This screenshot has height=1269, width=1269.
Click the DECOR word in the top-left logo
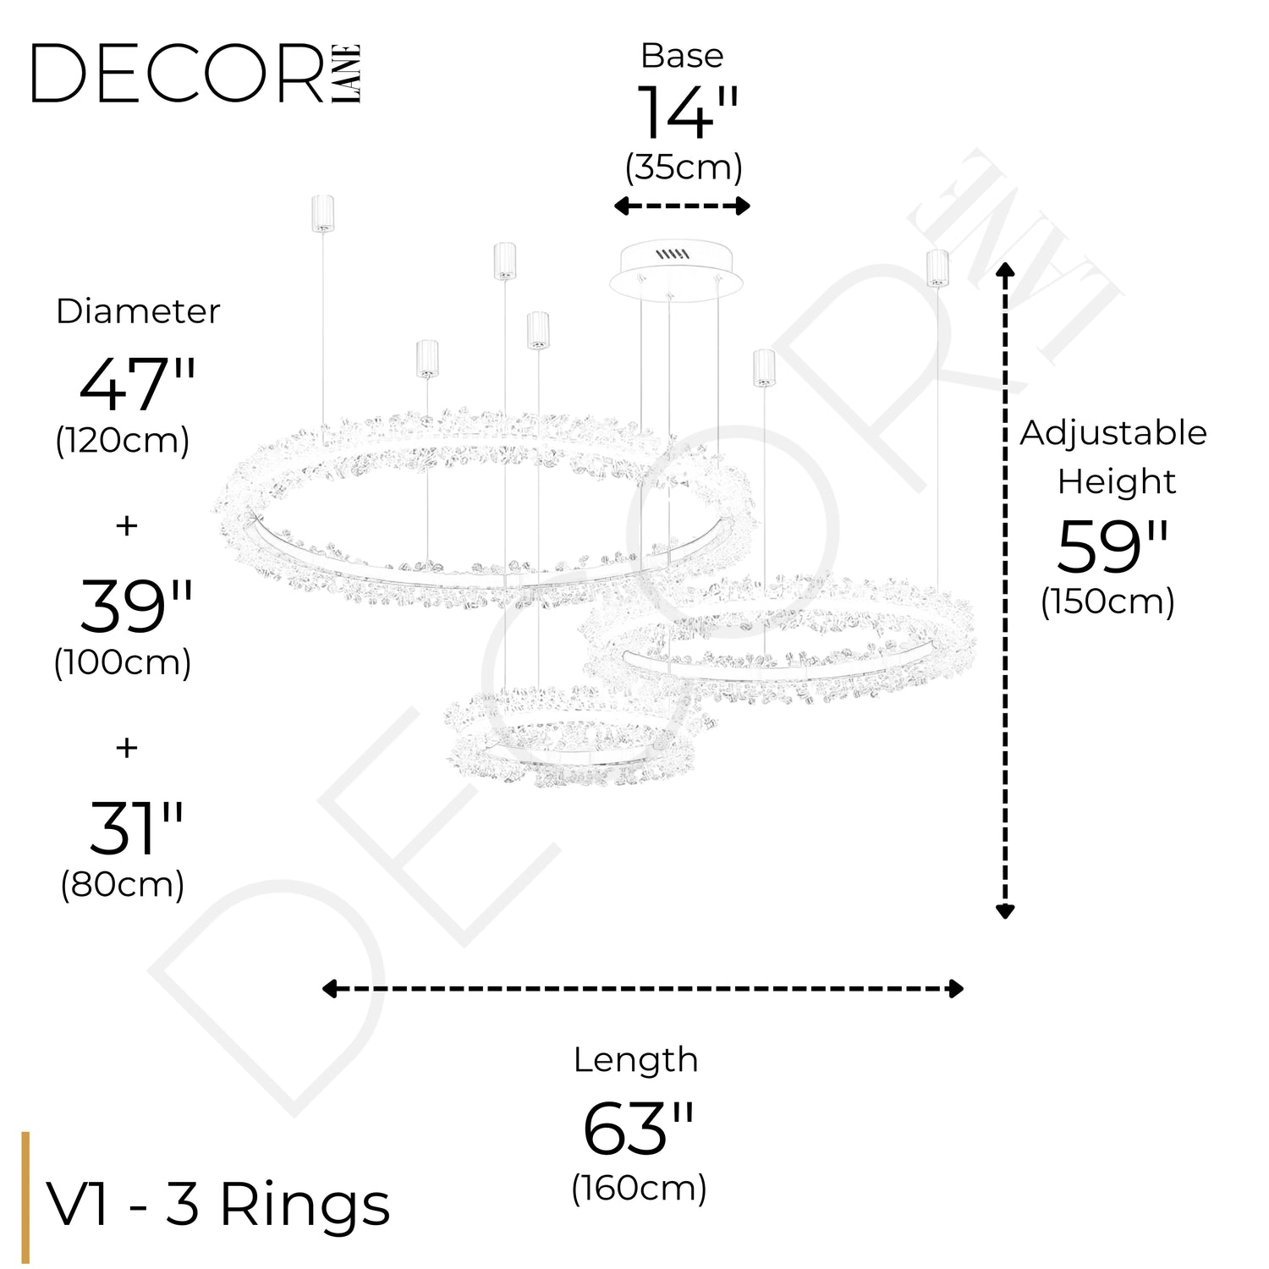pos(178,74)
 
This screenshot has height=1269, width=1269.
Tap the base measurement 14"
pos(687,113)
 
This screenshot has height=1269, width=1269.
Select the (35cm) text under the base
pos(684,168)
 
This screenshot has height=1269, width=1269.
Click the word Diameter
pos(138,311)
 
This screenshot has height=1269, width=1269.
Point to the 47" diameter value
pos(137,384)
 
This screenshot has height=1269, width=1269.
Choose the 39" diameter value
pos(136,607)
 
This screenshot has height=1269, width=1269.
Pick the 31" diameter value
pos(136,828)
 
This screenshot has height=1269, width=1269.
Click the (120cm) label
pos(123,441)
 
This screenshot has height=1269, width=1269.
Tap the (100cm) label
pos(123,662)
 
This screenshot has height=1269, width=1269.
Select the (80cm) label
pos(123,885)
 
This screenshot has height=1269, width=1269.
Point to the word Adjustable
pos(1112,433)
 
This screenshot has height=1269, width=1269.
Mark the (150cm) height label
pos(1107,602)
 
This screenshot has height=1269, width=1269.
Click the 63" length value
pos(638,1129)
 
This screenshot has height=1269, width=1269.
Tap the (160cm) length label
pos(639,1188)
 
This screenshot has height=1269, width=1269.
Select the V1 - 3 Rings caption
pos(218,1204)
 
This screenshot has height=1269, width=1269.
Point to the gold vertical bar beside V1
pos(25,1197)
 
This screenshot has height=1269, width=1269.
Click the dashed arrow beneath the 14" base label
pos(682,206)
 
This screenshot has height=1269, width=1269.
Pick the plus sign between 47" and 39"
pos(127,525)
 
